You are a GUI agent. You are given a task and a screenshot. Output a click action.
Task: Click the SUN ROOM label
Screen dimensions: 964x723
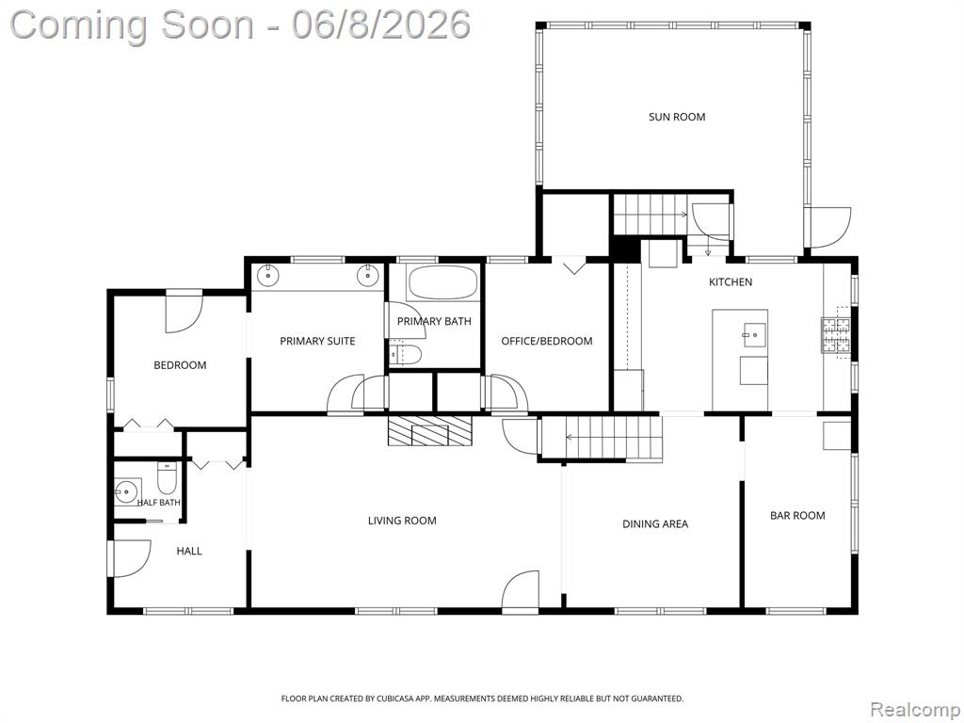coord(676,117)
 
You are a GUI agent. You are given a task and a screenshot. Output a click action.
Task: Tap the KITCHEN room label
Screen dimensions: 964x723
coord(731,282)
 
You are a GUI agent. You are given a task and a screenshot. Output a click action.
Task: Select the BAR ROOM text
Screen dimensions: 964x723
coord(797,516)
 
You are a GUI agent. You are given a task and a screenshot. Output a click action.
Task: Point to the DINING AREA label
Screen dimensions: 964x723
coord(655,523)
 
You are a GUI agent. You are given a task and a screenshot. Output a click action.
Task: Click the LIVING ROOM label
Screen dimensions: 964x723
coord(402,521)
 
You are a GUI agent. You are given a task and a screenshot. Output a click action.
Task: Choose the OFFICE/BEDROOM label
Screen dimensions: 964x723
coord(547,341)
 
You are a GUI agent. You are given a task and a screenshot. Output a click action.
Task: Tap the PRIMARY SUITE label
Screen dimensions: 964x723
coord(317,341)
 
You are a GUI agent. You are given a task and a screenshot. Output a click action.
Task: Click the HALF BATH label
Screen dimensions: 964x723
coord(158,503)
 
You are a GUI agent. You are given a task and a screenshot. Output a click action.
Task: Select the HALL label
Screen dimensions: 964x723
coord(189,551)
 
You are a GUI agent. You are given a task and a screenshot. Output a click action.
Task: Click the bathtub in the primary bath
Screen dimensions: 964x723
coord(442,283)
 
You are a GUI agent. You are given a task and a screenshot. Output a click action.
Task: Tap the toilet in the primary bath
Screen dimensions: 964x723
coord(405,354)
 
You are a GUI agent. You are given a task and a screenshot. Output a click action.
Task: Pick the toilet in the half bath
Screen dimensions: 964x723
coord(167,477)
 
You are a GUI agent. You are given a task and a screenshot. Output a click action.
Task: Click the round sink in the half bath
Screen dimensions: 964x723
coord(127,491)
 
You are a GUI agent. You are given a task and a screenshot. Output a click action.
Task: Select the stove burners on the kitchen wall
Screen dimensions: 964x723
coord(836,336)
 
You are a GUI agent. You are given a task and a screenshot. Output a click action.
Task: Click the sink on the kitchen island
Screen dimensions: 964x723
coord(753,335)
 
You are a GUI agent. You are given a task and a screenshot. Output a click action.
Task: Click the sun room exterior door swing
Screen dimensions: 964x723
coord(828,228)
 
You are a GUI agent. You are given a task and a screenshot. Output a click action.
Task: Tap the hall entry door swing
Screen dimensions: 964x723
coord(130,558)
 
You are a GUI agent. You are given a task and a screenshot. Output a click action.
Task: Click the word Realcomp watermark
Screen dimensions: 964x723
coord(915,710)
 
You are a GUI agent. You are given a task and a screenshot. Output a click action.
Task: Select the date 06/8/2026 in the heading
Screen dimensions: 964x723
coord(381,25)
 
